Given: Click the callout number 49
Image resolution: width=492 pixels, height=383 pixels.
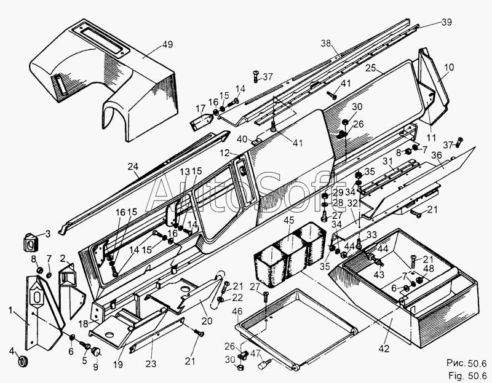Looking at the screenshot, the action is [x=167, y=44].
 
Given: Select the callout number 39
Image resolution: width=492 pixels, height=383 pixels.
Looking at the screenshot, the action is [x=447, y=22].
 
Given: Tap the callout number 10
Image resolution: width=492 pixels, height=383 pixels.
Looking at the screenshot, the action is [x=449, y=67].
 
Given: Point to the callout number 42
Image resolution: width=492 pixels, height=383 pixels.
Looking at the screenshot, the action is [x=384, y=349].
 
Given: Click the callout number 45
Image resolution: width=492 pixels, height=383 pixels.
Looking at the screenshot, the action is [x=289, y=220].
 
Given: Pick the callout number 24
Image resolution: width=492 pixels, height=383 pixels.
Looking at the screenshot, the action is [x=133, y=166].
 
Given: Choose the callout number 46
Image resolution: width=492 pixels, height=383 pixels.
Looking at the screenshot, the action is [x=237, y=312].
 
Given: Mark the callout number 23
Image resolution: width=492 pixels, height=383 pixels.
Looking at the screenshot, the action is [x=151, y=363].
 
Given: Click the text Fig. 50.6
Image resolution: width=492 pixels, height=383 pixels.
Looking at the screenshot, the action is [x=467, y=375].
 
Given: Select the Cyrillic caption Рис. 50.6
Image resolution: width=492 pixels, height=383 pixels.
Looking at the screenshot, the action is [x=467, y=363].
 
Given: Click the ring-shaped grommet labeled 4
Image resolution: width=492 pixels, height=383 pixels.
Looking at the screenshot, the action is [x=24, y=361].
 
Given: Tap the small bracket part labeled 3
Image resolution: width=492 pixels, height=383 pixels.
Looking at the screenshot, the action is [x=31, y=242].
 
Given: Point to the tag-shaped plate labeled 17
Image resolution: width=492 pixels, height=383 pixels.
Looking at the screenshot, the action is [x=202, y=122].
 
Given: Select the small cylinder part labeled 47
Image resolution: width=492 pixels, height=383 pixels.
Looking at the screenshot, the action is [x=264, y=365].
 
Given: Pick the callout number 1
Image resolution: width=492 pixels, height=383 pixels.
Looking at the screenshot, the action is [x=10, y=310].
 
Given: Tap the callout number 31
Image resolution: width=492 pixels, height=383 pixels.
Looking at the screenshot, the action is [x=388, y=161].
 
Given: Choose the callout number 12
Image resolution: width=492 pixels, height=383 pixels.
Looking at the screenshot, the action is [x=224, y=153].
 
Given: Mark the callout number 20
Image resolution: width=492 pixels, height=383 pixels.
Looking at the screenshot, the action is [x=207, y=321].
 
